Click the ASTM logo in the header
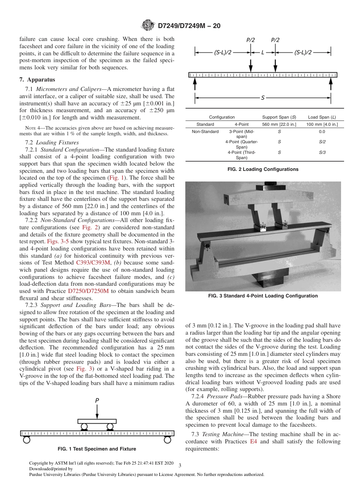click(148, 25)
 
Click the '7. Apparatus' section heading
click(37, 80)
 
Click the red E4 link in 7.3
click(254, 442)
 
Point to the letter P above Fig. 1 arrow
click(97, 400)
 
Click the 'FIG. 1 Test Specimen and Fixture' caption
click(97, 449)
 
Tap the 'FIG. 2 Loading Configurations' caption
click(263, 169)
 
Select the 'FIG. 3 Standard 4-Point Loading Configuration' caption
click(263, 296)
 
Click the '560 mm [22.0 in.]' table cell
click(279, 124)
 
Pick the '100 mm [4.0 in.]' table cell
click(322, 124)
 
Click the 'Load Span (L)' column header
click(322, 117)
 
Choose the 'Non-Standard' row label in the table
click(205, 132)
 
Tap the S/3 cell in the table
click(322, 152)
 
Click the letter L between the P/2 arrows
click(263, 53)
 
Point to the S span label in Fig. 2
click(263, 98)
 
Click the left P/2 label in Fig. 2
click(250, 40)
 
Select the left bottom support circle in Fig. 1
click(27, 440)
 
